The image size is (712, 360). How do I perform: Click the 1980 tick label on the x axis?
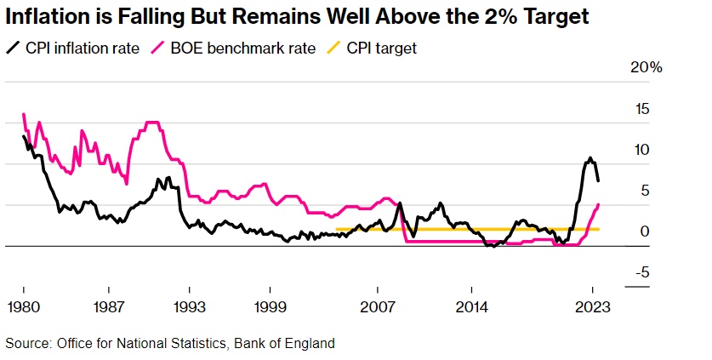(23, 306)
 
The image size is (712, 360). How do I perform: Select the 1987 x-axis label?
(106, 306)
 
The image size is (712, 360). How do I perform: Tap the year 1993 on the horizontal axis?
(189, 306)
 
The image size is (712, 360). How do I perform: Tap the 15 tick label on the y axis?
(641, 109)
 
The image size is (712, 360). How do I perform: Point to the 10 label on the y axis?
(641, 150)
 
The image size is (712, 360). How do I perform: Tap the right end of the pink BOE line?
(599, 204)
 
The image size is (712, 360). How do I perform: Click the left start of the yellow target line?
(337, 229)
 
